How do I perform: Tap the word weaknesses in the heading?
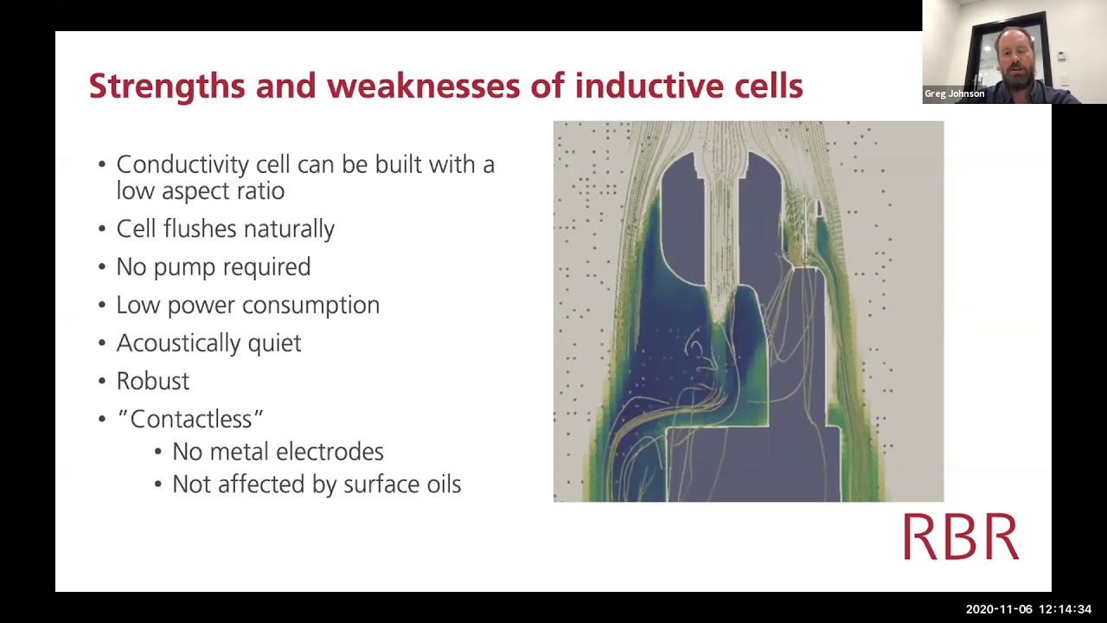coord(424,86)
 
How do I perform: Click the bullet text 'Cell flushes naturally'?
coord(226,229)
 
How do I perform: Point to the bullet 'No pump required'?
coord(214,267)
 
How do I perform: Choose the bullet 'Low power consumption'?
coord(248,305)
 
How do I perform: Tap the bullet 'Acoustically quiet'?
coord(208,343)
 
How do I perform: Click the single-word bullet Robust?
coord(153,382)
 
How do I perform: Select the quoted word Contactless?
coord(190,419)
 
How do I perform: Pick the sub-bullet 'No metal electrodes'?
coord(278,452)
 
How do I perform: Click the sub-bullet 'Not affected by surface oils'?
coord(317,484)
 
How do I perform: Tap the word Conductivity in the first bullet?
coord(182,164)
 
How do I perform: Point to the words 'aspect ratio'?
coord(223,191)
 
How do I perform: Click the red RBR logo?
coord(961,536)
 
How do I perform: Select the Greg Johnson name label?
coord(954,93)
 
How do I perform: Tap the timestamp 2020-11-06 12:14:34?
coord(1028,609)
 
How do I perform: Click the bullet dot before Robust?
coord(102,382)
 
